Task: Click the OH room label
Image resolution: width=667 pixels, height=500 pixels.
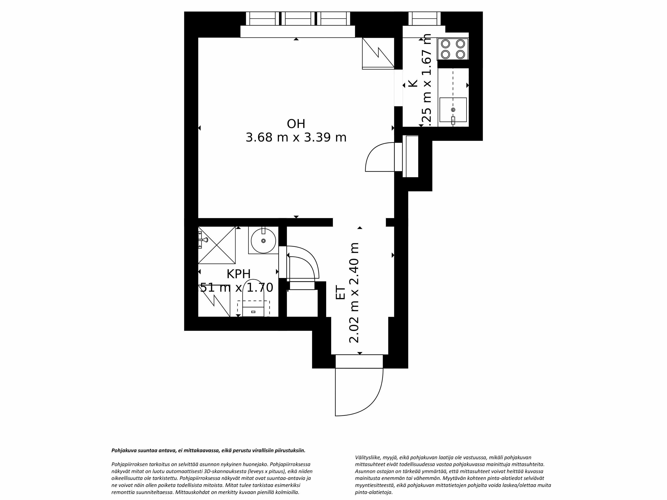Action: (296, 124)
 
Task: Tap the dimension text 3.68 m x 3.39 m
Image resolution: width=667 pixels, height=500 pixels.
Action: (296, 138)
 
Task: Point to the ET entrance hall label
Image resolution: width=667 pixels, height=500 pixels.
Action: (340, 293)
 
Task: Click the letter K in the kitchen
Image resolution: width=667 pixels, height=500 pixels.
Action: (413, 84)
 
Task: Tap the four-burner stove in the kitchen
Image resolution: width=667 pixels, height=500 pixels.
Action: (453, 49)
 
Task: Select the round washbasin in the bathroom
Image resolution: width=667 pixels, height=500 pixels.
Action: (263, 240)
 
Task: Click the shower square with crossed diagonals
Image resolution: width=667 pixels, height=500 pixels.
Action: (217, 245)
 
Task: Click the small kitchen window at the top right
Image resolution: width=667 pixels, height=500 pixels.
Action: (424, 19)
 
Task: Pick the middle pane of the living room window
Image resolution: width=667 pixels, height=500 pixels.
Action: (298, 19)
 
